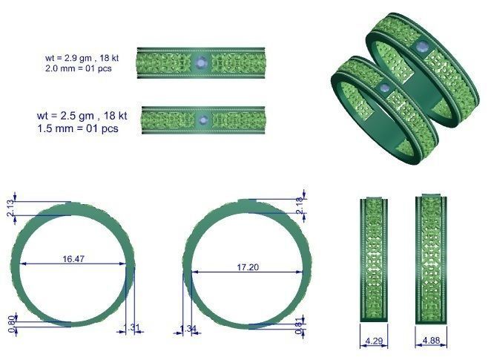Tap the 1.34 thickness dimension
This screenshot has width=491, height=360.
coord(189,330)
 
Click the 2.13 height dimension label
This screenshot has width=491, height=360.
coord(10,208)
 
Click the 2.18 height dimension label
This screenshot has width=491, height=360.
coord(300,207)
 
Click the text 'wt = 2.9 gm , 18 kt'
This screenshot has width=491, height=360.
coord(82,56)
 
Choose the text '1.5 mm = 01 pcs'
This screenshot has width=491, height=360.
coord(78,128)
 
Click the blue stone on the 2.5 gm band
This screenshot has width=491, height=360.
coord(202,119)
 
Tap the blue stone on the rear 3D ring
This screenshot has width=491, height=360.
coord(422,48)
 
